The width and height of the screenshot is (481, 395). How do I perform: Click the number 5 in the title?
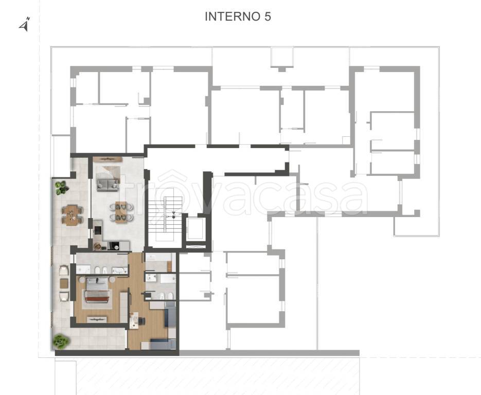[268, 16]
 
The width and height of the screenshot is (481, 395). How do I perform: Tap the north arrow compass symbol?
[25, 24]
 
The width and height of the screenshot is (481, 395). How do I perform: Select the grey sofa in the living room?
[108, 185]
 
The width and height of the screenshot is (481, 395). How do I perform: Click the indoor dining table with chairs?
[121, 211]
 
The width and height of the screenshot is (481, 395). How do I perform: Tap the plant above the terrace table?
[62, 187]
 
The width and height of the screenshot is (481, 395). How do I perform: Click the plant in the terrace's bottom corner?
[61, 342]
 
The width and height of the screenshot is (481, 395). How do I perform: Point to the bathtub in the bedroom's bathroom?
[120, 271]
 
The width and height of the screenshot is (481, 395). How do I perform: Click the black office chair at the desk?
[141, 321]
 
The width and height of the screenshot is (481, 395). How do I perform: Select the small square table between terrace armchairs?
[64, 283]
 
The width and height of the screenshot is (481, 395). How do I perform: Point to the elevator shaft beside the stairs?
[195, 228]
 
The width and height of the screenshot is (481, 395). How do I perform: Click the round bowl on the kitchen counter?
[98, 246]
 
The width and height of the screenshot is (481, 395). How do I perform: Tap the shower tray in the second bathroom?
[168, 278]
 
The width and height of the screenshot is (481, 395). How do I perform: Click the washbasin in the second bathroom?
[151, 278]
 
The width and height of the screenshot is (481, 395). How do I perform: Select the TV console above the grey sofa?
[108, 159]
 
